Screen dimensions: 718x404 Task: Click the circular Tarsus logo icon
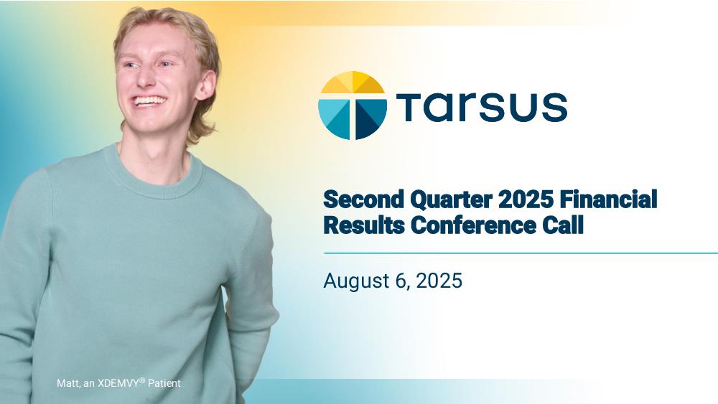click(352, 105)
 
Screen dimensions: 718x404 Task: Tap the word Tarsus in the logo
click(482, 107)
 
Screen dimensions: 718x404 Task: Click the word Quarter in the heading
click(451, 200)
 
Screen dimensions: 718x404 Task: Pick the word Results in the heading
click(364, 225)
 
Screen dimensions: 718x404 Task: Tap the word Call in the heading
click(563, 225)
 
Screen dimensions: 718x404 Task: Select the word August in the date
click(356, 281)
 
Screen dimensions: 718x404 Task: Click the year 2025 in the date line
click(439, 281)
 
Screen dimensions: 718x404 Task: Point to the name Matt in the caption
click(68, 383)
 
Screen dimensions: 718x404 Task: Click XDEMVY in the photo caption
click(118, 383)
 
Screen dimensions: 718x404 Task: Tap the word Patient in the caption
click(164, 383)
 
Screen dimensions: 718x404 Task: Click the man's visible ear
click(205, 85)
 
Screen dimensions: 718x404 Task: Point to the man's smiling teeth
click(149, 100)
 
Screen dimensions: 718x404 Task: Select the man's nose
click(145, 77)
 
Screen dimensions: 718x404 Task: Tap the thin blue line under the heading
click(521, 253)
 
